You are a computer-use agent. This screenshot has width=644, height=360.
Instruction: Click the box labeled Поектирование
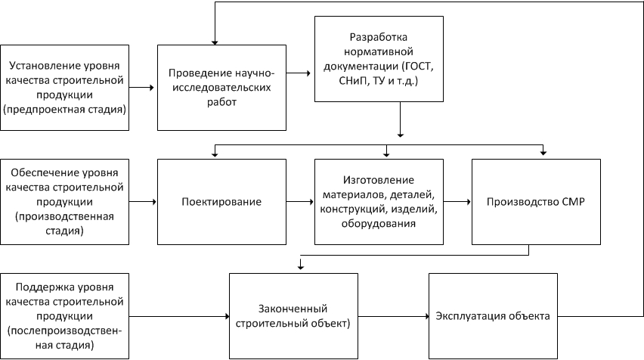221,202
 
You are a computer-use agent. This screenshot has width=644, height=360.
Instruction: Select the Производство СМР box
536,202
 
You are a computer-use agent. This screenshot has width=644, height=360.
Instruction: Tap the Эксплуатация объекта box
493,316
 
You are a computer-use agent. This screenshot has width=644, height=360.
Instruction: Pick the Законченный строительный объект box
293,316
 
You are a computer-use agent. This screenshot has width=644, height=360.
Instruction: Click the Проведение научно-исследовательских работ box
221,88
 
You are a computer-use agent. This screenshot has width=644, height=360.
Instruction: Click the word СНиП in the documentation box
354,81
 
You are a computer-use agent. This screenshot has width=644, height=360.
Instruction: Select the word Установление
45,66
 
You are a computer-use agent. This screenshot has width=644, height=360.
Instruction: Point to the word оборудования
378,224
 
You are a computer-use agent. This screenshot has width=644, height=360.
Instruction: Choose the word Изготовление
378,180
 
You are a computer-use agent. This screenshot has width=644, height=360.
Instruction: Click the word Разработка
378,37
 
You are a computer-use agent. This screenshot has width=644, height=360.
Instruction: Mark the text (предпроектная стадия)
64,110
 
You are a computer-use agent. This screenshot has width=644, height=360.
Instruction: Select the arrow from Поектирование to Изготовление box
300,202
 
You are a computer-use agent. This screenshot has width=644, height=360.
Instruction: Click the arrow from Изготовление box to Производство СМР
457,202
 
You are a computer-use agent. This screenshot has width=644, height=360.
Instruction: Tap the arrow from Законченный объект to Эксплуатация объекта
394,316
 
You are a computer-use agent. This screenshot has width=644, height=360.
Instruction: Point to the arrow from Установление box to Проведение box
141,88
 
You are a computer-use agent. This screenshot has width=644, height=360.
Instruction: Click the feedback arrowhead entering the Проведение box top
215,42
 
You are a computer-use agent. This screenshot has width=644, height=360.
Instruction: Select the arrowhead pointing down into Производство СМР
543,153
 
